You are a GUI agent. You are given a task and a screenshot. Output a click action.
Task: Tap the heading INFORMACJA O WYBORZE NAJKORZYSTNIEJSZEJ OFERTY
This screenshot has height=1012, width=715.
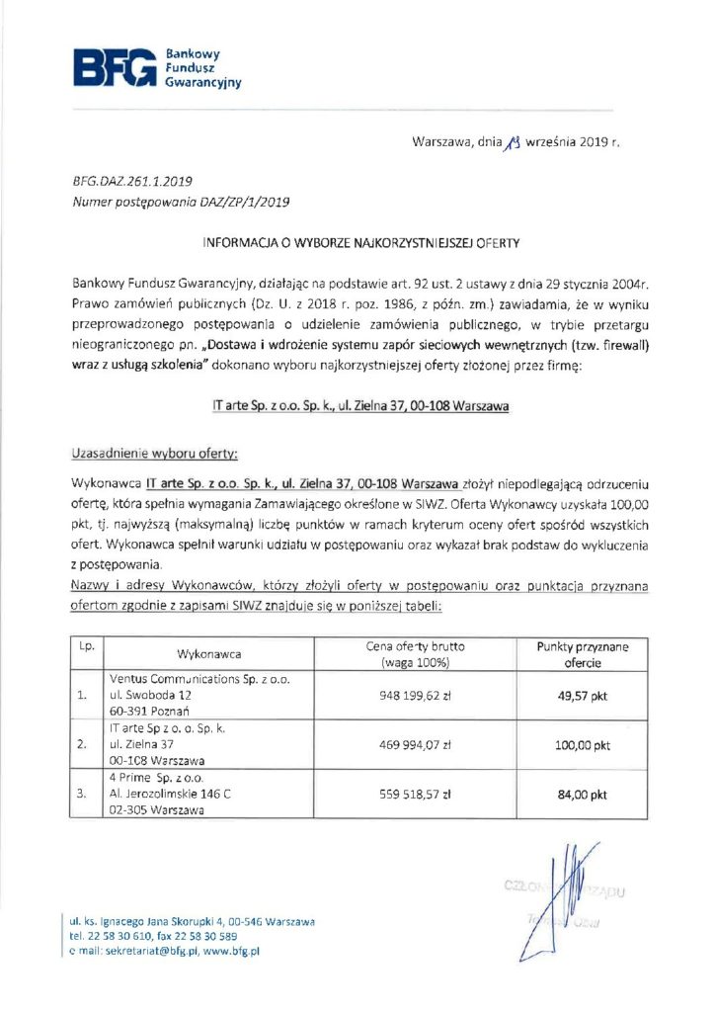click(x=360, y=240)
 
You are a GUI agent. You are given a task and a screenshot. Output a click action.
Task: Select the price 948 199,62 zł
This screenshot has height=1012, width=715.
click(x=415, y=696)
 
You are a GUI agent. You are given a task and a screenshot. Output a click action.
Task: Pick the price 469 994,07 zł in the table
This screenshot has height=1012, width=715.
click(x=415, y=745)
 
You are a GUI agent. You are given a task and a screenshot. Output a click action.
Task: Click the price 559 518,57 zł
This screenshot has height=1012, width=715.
click(x=415, y=793)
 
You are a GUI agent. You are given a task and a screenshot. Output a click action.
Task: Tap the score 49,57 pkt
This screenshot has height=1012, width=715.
click(x=583, y=696)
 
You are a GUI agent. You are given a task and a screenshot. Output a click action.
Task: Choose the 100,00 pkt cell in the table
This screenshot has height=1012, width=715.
click(x=583, y=745)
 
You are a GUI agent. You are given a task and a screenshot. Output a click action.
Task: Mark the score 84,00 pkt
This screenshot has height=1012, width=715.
click(x=583, y=793)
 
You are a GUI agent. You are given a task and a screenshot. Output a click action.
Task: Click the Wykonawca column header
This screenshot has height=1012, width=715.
click(x=208, y=654)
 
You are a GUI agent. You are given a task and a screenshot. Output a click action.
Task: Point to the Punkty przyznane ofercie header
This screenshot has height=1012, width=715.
click(x=583, y=654)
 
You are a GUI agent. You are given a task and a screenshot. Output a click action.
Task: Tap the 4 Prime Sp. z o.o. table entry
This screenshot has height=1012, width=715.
click(x=159, y=777)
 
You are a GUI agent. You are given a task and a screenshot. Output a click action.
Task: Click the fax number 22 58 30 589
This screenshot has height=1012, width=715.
click(x=209, y=935)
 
